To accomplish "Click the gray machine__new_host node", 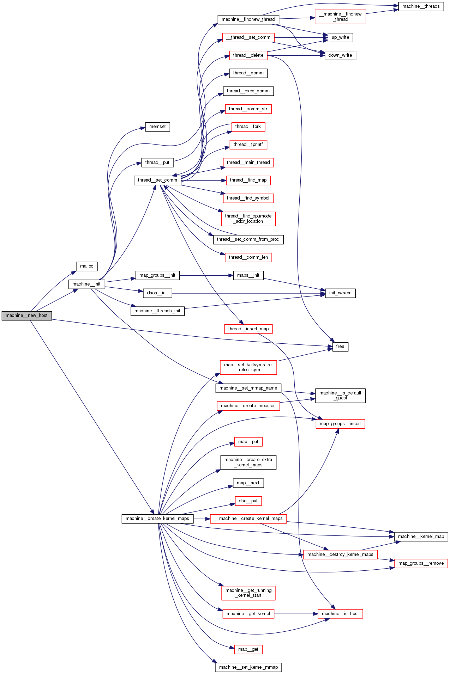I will (x=26, y=315).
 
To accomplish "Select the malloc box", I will (x=86, y=266).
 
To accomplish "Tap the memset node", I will (x=157, y=127).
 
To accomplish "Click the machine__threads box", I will (x=421, y=6).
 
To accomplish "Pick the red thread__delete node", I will (x=248, y=55).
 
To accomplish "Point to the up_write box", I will (x=340, y=37).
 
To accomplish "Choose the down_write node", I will (x=340, y=55).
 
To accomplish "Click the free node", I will (x=340, y=347).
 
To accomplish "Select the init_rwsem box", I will (x=340, y=293).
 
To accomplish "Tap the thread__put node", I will (x=157, y=163).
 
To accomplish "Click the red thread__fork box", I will (x=248, y=127).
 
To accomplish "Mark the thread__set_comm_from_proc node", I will (x=248, y=239).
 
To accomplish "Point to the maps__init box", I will (x=248, y=275).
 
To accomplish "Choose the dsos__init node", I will (x=157, y=293).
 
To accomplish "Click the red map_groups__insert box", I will (x=340, y=424).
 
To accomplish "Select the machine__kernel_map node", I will (x=421, y=537).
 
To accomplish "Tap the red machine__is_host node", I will (x=340, y=614).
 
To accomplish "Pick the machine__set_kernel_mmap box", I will (x=248, y=667).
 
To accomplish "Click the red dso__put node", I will (x=248, y=501).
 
